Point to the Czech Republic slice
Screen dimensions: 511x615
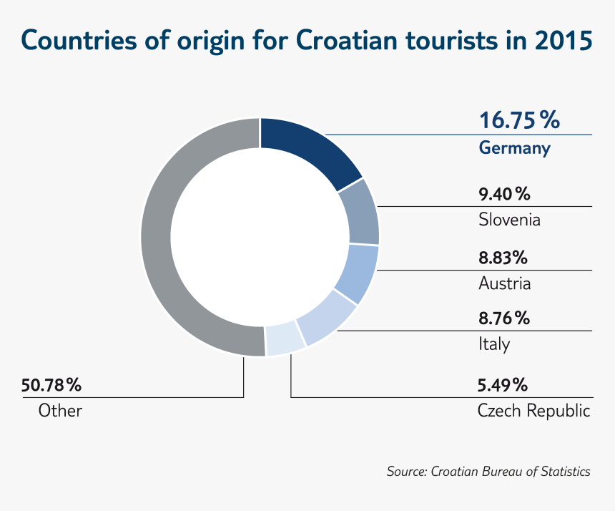(285, 339)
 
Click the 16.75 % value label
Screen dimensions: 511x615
(518, 120)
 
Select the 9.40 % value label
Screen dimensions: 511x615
(503, 193)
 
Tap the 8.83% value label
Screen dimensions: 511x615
(503, 256)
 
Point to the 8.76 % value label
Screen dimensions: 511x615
(503, 318)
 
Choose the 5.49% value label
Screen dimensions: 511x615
(503, 385)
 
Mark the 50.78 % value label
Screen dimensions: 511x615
(51, 385)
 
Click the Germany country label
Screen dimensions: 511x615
(514, 149)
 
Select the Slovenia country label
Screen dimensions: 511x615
(509, 219)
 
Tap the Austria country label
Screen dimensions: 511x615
(504, 283)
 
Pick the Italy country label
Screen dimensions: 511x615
(494, 344)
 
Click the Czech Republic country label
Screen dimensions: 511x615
(533, 411)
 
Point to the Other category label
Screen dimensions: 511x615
(60, 411)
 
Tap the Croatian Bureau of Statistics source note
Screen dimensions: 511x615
(488, 472)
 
